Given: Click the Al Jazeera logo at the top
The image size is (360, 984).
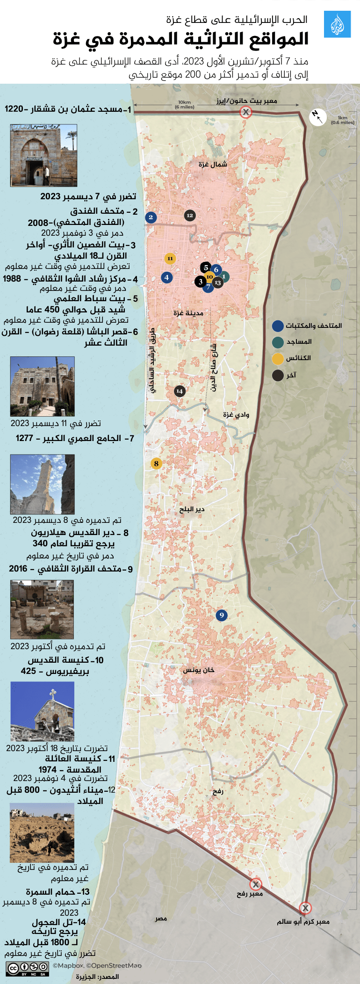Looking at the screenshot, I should click(x=337, y=25).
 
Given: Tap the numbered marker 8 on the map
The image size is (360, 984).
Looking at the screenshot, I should click(x=156, y=463).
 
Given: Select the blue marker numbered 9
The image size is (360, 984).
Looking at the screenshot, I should click(x=222, y=615).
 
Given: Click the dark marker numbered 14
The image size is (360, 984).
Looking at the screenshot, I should click(x=180, y=391).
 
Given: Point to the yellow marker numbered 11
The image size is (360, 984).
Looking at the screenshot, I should click(x=170, y=258).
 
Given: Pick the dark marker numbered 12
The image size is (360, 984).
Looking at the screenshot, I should click(x=189, y=215).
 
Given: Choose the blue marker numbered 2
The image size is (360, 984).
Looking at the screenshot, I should click(x=151, y=217).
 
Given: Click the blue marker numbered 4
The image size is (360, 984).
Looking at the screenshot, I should click(x=166, y=277).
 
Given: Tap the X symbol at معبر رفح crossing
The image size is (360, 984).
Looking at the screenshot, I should click(x=255, y=884).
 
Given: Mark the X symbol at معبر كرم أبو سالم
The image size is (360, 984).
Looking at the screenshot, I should click(x=305, y=908).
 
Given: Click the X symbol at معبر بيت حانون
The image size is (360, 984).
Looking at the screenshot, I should click(x=245, y=112).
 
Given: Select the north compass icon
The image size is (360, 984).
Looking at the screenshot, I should click(x=317, y=117).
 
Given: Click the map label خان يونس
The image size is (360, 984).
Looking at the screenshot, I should click(x=199, y=670).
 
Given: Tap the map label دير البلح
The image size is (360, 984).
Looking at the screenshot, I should click(x=192, y=509).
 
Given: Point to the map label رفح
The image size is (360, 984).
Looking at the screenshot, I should click(x=218, y=791).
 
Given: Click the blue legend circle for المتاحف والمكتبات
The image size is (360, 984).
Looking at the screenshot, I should click(x=278, y=326).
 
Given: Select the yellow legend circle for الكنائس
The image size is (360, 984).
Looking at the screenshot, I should click(x=278, y=358).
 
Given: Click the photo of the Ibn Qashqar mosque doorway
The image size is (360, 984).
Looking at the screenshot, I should click(x=43, y=155).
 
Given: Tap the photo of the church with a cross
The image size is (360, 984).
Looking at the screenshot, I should click(x=42, y=711).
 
